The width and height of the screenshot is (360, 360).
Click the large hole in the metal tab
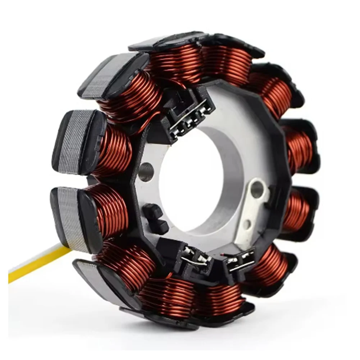pyautogui.click(x=257, y=189)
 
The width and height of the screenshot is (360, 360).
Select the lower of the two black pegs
pyautogui.click(x=160, y=227)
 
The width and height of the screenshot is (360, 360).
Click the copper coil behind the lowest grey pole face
pyautogui.click(x=126, y=266)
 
